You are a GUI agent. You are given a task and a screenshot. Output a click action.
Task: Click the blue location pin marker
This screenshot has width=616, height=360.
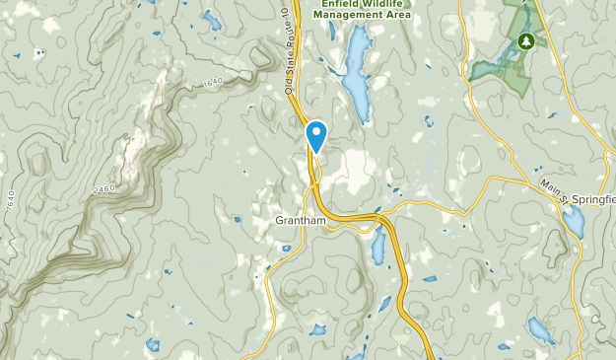[316, 135]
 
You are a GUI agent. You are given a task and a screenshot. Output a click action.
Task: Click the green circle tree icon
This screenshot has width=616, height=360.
[526, 41]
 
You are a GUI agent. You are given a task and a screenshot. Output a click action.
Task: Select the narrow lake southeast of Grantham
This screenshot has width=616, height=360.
[377, 248]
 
